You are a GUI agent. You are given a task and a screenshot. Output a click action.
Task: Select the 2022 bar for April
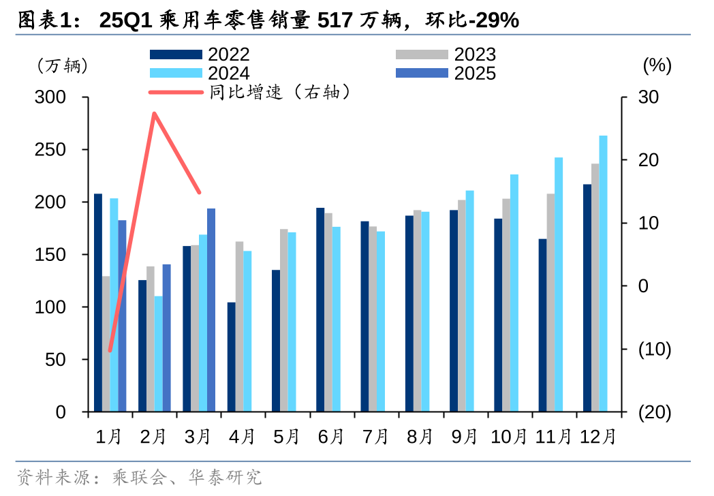pyautogui.click(x=232, y=357)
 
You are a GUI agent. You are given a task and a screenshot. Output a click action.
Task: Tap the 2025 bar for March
pyautogui.click(x=211, y=310)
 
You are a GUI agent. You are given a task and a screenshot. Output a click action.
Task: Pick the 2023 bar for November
pyautogui.click(x=550, y=303)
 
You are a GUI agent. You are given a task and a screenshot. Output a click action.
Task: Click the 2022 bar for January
pyautogui.click(x=98, y=303)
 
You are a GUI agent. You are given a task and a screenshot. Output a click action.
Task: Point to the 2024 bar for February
pyautogui.click(x=159, y=354)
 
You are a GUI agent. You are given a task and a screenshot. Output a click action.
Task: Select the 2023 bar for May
pyautogui.click(x=284, y=320)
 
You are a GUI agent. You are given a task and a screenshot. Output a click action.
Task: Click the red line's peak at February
pyautogui.click(x=155, y=113)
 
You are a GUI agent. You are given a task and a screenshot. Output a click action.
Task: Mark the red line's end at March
pyautogui.click(x=200, y=193)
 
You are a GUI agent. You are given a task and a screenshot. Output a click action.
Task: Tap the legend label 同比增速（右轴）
pyautogui.click(x=281, y=93)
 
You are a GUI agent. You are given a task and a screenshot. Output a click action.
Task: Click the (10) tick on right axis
pyautogui.click(x=654, y=350)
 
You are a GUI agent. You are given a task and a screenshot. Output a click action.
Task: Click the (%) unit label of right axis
pyautogui.click(x=657, y=65)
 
